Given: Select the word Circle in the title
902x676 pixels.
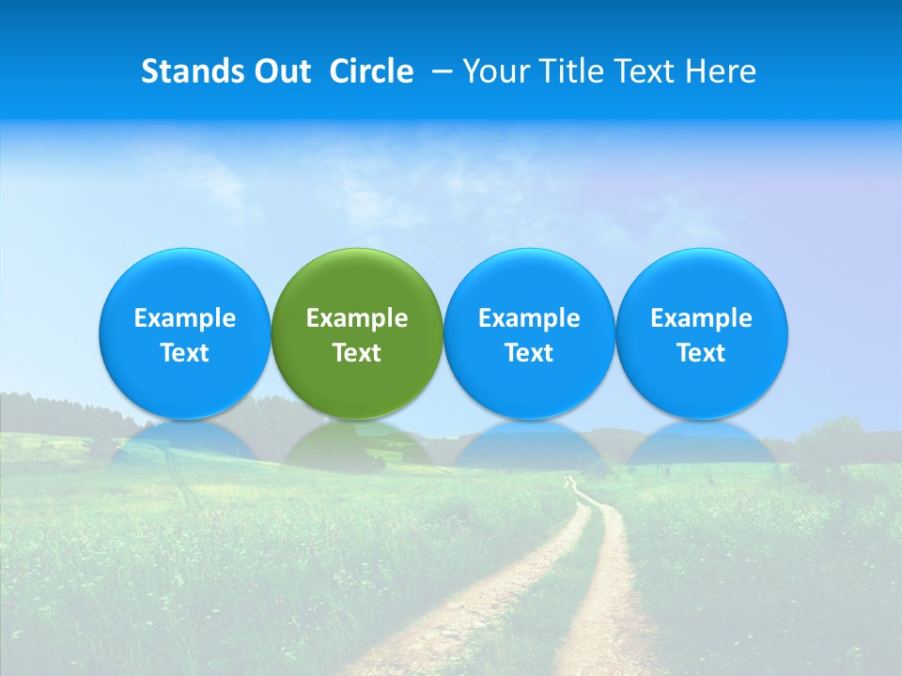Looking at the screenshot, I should (371, 71).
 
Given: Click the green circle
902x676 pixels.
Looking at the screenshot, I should (357, 282).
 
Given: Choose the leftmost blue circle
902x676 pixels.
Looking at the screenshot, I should (184, 282).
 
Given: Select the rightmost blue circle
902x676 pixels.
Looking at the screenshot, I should (701, 282).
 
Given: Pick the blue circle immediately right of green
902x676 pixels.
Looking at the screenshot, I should (529, 282).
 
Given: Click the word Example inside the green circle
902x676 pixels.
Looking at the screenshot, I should (357, 318).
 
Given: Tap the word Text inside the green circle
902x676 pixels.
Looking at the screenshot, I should (357, 353).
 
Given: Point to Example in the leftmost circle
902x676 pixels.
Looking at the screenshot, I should (184, 318).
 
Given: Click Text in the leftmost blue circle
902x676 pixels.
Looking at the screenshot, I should (184, 353).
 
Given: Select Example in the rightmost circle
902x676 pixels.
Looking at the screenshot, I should (701, 318).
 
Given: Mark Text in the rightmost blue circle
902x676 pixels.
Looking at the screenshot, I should (701, 353).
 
